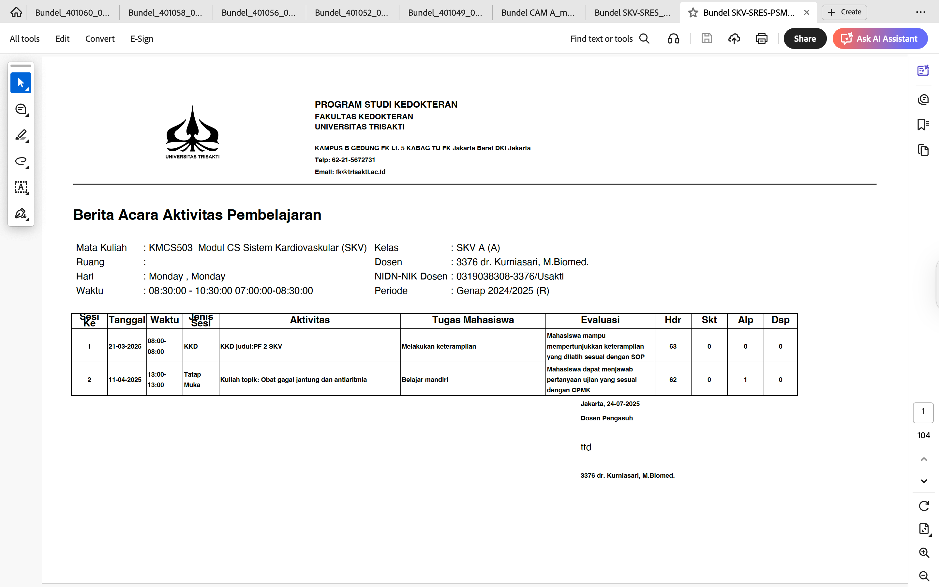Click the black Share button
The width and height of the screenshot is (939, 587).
804,39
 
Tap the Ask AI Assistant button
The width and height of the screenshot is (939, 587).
880,39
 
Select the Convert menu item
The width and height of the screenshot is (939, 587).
100,39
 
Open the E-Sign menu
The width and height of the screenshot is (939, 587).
142,39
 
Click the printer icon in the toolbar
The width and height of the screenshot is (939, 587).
761,39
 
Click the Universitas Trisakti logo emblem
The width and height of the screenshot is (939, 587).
192,130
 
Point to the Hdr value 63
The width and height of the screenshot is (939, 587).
673,346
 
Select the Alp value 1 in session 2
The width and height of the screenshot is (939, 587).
745,380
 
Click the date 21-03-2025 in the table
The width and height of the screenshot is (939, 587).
125,346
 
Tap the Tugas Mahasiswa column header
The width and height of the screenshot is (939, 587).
473,320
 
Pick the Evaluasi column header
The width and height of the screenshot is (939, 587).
600,320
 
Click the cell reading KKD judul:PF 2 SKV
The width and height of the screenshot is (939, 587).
251,346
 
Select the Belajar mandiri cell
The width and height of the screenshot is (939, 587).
425,380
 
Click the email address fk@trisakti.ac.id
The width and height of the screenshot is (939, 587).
361,172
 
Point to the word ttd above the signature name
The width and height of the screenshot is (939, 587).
586,447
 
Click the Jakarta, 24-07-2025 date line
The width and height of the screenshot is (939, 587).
610,404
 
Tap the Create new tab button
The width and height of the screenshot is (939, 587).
844,12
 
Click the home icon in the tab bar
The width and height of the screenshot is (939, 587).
16,12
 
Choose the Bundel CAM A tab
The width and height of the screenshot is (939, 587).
538,12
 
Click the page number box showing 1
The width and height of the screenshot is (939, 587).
923,412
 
